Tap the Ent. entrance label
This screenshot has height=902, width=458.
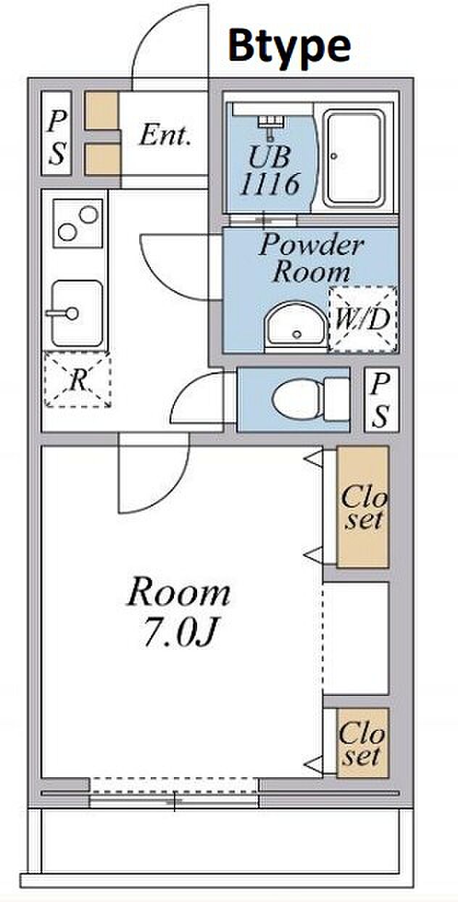(165, 135)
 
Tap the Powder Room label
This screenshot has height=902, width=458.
(311, 258)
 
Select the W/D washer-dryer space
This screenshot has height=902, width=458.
(363, 319)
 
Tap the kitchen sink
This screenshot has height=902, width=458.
(76, 313)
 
